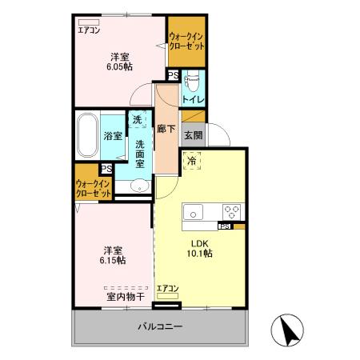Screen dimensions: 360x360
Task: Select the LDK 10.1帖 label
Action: coord(200,248)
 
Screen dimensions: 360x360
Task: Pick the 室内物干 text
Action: coord(126,297)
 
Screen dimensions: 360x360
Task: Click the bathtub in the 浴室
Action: coord(87,136)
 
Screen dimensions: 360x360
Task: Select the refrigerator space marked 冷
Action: coord(192,161)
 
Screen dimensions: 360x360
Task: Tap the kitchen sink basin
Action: coord(195,213)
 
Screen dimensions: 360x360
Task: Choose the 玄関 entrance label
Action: coord(193,135)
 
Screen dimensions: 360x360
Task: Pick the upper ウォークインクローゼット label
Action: coord(186,41)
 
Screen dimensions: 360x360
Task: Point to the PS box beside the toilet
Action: coord(174,77)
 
